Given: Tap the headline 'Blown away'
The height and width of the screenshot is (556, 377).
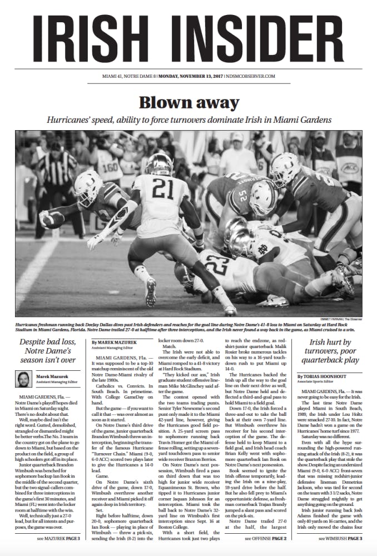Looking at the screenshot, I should [x=188, y=103].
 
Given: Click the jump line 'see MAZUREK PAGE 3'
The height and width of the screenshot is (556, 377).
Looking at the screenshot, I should [x=58, y=539].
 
